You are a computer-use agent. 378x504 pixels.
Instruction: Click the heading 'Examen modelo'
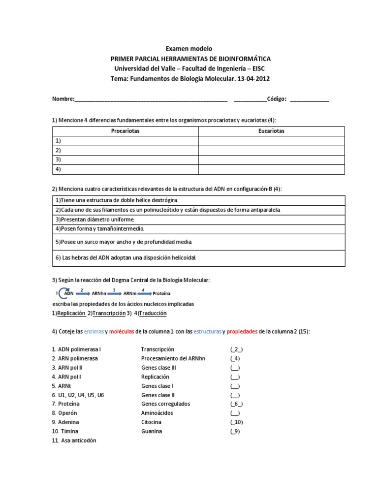click(189, 49)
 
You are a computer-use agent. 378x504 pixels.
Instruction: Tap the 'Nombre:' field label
click(63, 99)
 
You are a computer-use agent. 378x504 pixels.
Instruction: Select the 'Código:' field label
click(277, 99)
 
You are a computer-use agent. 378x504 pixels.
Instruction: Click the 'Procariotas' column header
click(125, 131)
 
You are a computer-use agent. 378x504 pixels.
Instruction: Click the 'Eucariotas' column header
click(271, 131)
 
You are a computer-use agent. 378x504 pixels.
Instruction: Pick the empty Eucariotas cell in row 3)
click(271, 160)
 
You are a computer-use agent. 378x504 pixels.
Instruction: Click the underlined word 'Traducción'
click(153, 313)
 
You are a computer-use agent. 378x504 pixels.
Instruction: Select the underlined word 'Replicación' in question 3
click(71, 313)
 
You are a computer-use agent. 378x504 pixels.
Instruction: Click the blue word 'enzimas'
click(94, 332)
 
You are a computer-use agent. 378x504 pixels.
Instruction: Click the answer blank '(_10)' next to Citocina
click(236, 422)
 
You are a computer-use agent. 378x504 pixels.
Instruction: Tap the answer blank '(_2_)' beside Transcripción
click(236, 349)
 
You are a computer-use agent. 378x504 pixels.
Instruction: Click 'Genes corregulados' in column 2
click(165, 404)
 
